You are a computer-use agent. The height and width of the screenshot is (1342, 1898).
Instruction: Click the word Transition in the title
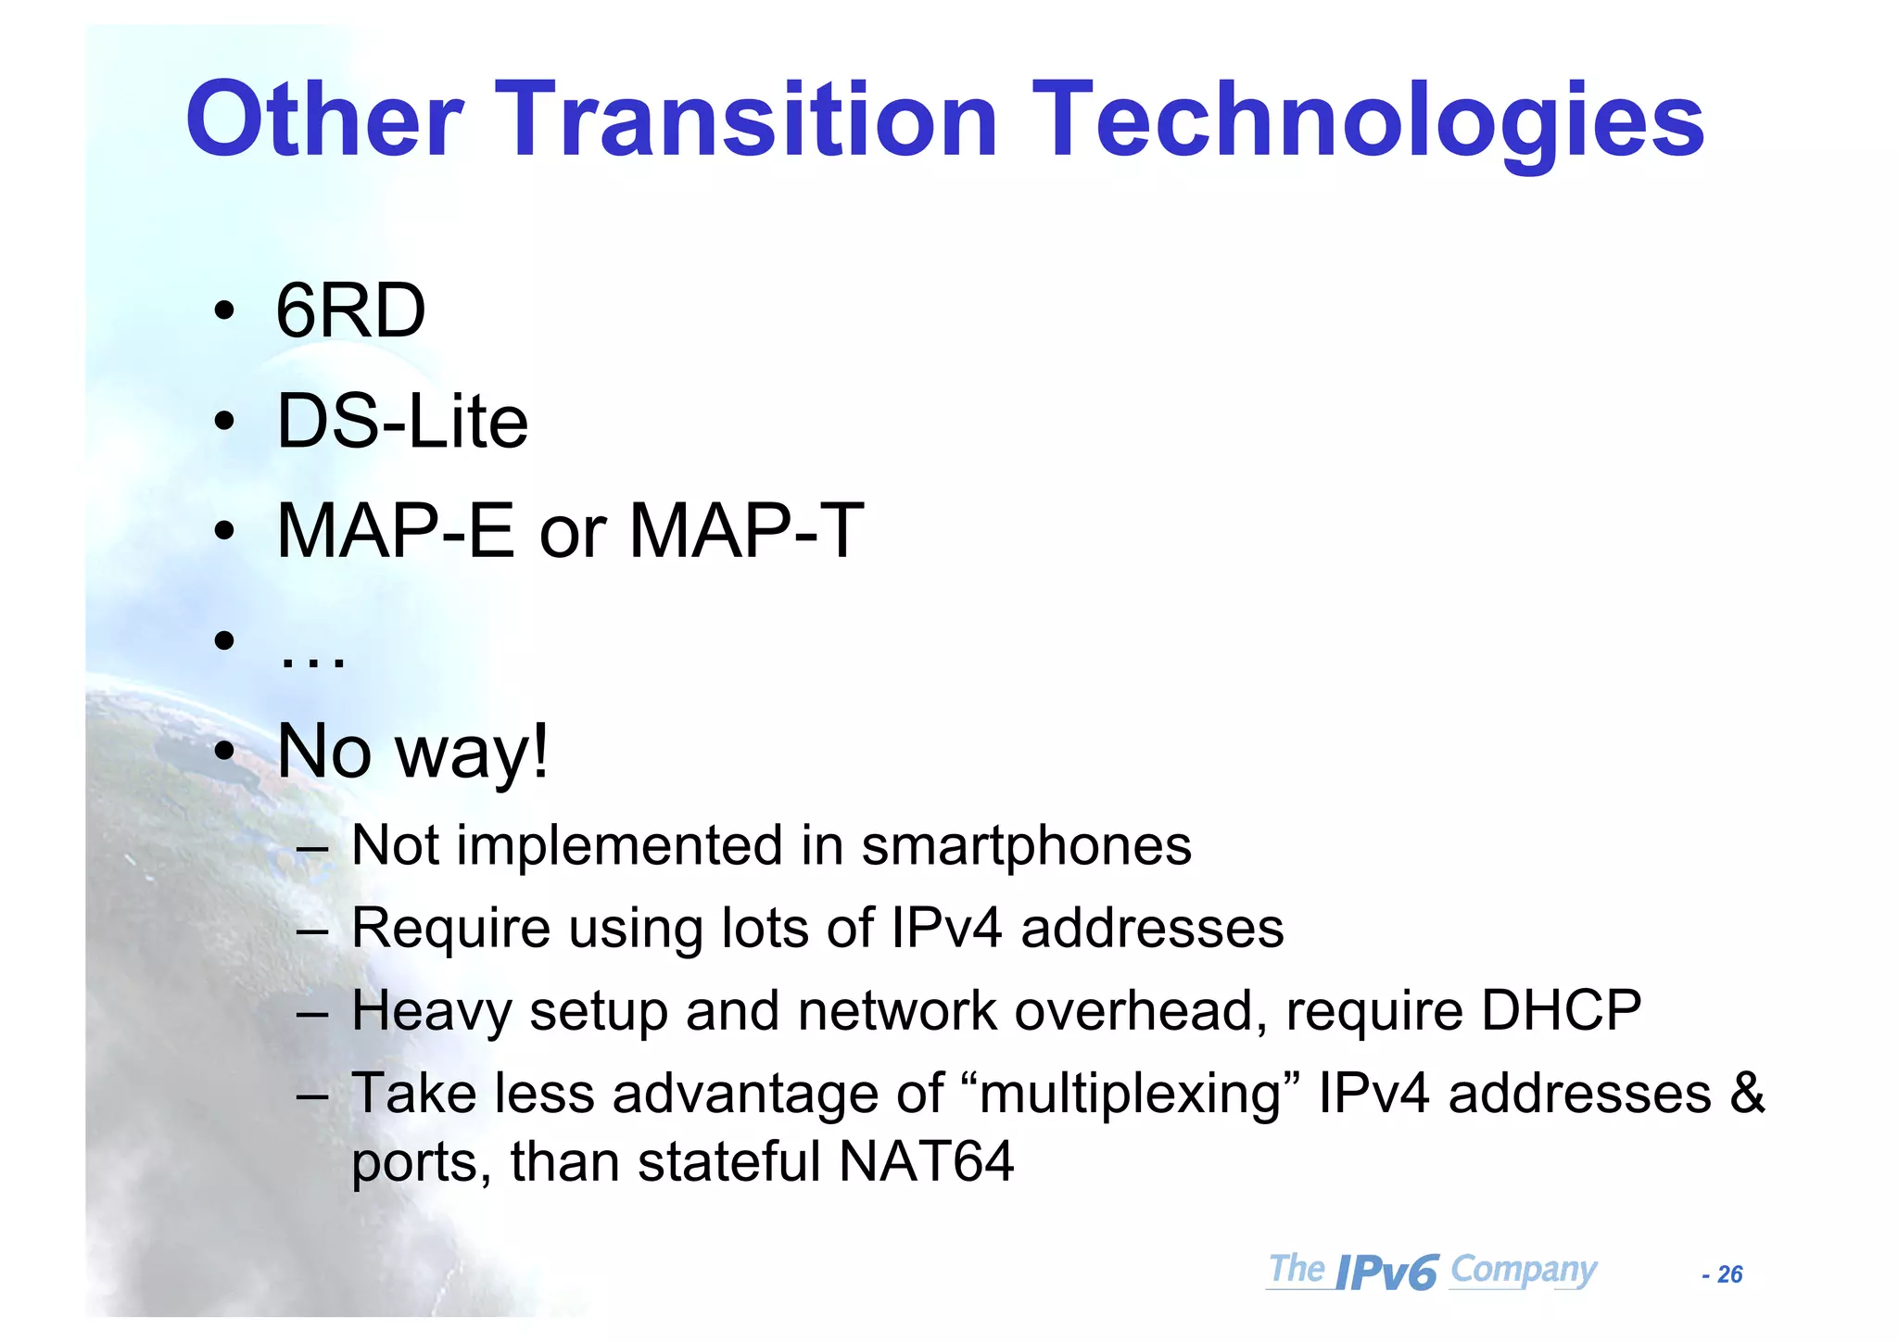point(749,120)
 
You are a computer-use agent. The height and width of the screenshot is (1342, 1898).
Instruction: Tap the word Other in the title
point(324,120)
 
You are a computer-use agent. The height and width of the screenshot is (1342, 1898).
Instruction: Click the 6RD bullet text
point(350,311)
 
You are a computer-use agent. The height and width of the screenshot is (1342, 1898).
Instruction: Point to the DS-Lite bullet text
point(402,422)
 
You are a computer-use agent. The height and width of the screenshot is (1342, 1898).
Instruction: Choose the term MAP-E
point(396,531)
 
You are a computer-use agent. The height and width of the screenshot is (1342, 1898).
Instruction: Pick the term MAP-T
point(746,531)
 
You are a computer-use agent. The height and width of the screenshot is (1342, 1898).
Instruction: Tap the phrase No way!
point(413,751)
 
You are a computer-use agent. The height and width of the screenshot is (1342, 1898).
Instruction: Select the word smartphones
point(1026,847)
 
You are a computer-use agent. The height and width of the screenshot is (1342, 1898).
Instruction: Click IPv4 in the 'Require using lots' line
point(946,928)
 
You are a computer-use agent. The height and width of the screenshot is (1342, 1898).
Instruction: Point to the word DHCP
point(1561,1010)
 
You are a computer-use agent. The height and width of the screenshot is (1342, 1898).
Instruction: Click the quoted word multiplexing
point(1129,1095)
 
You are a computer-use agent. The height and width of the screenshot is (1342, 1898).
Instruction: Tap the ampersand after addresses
point(1747,1093)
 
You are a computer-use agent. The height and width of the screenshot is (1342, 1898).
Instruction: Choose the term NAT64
point(926,1161)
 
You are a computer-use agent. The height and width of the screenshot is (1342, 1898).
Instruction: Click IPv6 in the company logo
point(1387,1273)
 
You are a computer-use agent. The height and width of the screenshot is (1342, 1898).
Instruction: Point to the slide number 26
point(1729,1275)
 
